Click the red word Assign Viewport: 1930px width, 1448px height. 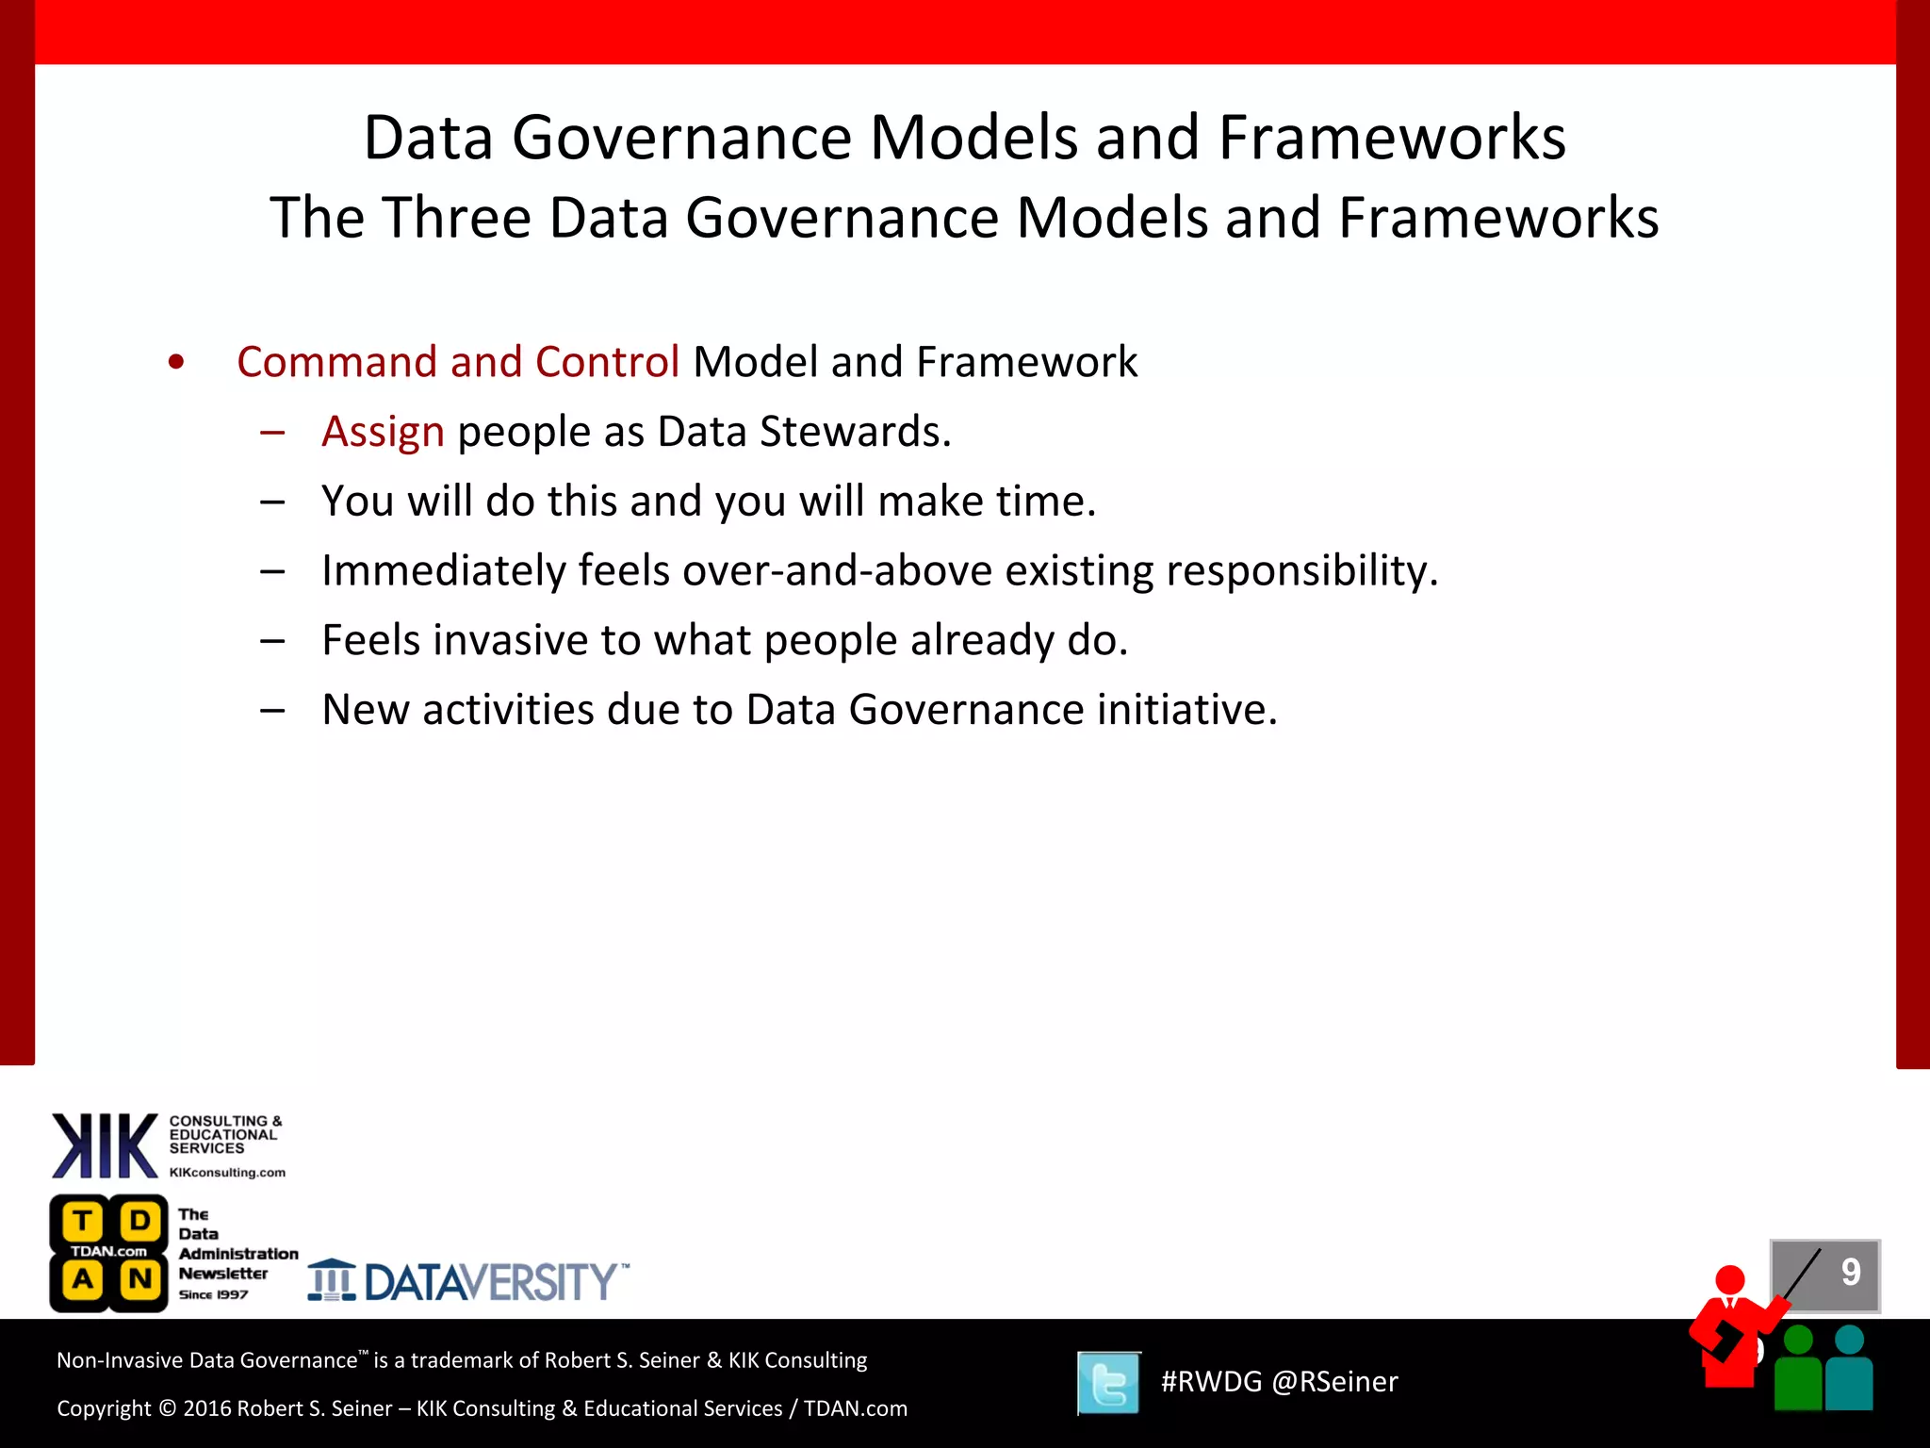tap(383, 433)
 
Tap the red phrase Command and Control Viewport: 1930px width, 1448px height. tap(458, 363)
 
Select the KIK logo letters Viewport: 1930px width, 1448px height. tap(105, 1145)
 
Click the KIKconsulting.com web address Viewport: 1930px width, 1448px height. tap(227, 1173)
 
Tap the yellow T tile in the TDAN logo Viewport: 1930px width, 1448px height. tap(83, 1221)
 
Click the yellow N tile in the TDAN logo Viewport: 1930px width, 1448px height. tap(140, 1279)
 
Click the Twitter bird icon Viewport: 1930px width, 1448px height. tap(1109, 1383)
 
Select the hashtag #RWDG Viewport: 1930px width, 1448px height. tap(1211, 1382)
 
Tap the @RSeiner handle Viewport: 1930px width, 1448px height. tap(1334, 1382)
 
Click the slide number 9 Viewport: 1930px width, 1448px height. tap(1851, 1273)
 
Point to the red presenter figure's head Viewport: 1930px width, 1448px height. tap(1730, 1280)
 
